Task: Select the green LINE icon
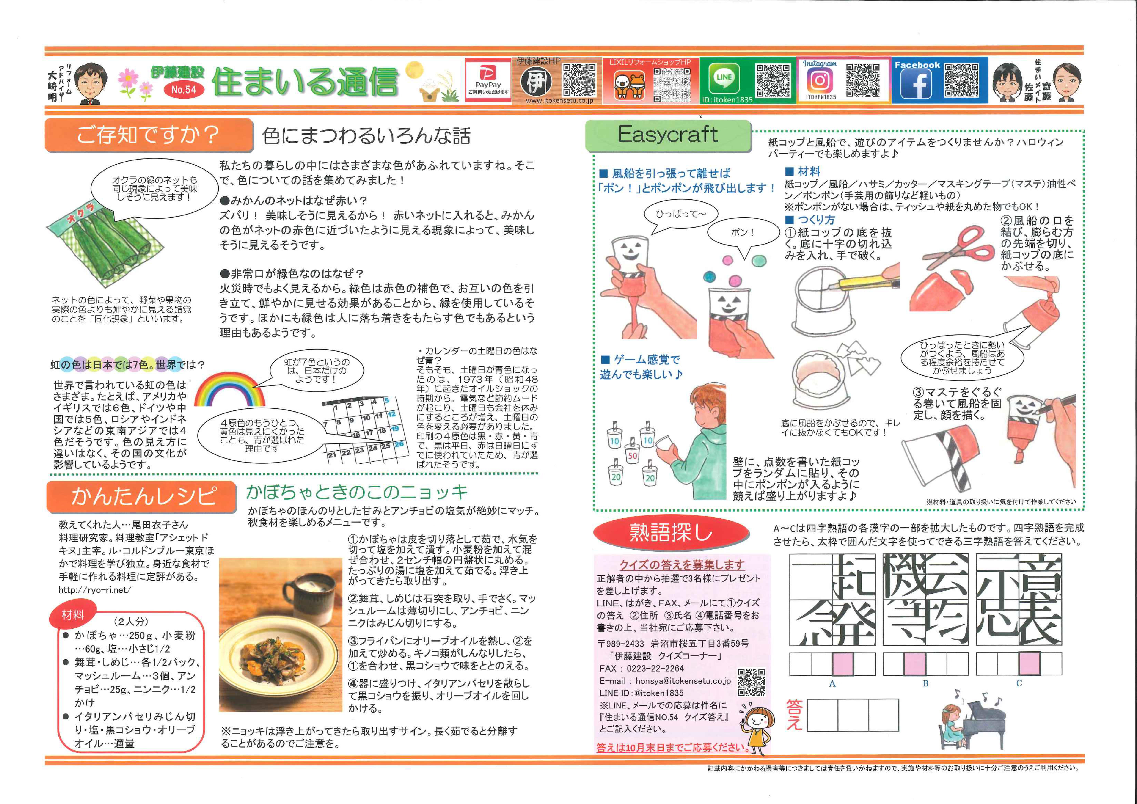click(724, 79)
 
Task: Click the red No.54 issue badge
click(184, 90)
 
